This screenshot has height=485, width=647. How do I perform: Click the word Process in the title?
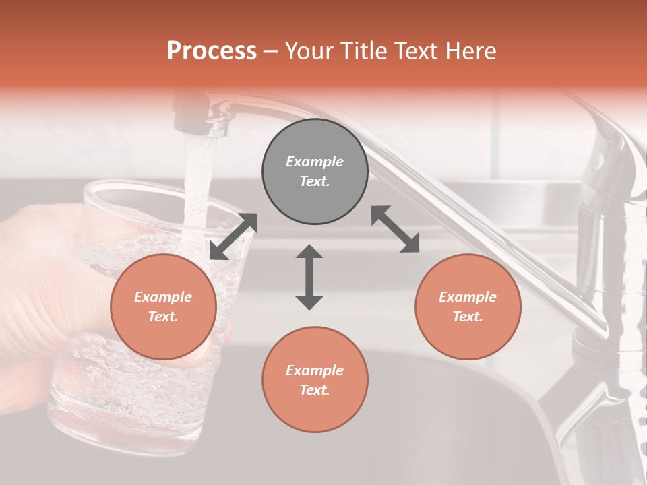212,51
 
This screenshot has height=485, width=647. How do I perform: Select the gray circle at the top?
315,171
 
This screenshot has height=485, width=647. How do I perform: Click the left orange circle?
163,306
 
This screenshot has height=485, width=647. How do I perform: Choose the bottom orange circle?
315,380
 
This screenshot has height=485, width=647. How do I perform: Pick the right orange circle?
468,306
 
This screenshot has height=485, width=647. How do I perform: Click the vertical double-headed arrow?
309,277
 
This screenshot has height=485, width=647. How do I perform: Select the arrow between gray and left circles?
233,236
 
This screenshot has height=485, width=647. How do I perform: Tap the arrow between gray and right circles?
396,229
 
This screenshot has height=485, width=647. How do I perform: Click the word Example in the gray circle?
315,162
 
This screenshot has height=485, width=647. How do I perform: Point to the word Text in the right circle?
466,317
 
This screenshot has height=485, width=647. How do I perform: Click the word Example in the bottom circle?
315,370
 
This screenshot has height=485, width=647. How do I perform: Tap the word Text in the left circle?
162,317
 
